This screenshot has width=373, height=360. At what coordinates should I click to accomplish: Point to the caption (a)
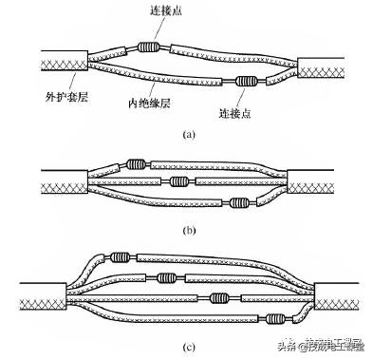click(187, 135)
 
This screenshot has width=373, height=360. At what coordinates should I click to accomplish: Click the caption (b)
click(187, 228)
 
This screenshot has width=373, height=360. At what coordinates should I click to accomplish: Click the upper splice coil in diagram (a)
click(149, 47)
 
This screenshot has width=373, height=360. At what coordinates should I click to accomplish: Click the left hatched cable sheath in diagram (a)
click(60, 63)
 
